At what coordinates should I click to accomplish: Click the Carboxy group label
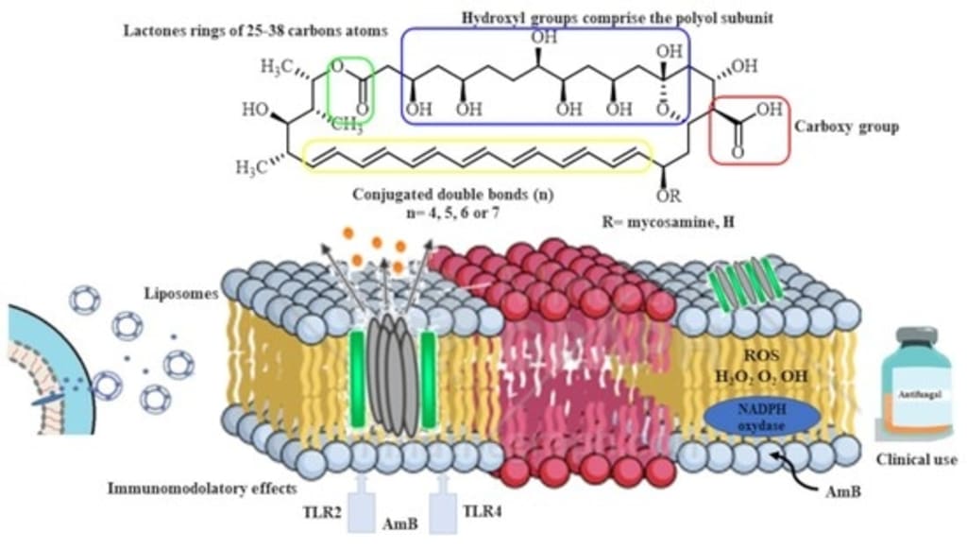pyautogui.click(x=846, y=126)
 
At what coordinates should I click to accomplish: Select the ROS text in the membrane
pyautogui.click(x=749, y=357)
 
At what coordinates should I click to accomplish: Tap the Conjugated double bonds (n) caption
pyautogui.click(x=452, y=196)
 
